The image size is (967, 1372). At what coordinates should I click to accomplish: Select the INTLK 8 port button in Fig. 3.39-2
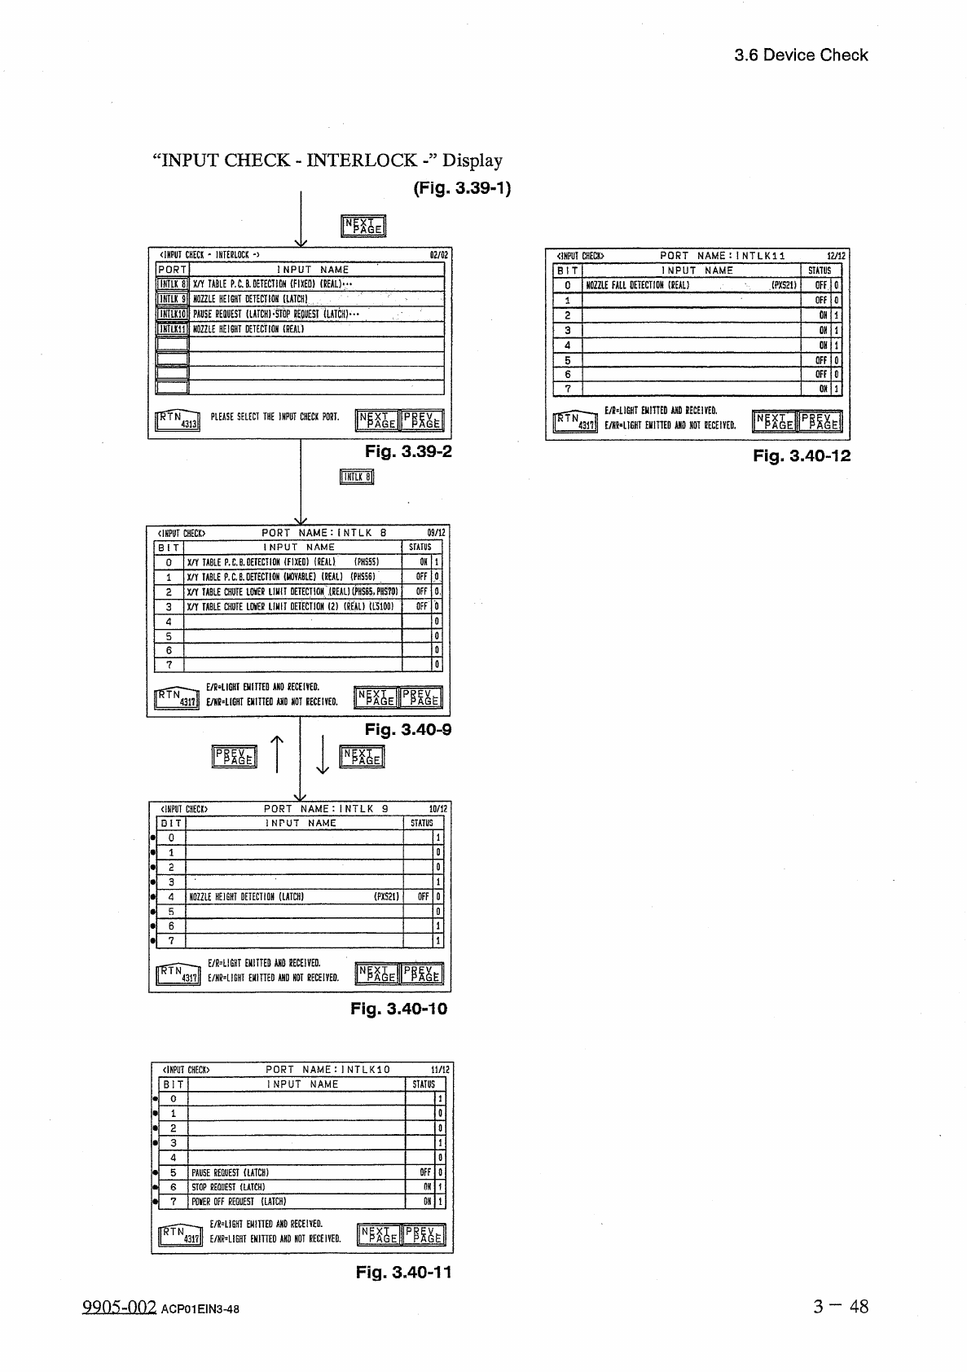[172, 284]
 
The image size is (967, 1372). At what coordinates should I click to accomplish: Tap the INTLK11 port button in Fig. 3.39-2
[172, 329]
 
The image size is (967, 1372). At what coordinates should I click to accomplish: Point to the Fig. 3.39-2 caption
[407, 451]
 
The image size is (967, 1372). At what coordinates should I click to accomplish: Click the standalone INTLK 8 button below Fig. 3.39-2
[356, 477]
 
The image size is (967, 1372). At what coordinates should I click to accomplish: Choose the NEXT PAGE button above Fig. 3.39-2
[363, 226]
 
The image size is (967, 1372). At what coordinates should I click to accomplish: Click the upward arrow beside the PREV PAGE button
[277, 754]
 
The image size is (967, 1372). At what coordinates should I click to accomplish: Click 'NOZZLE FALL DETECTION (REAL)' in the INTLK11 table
[638, 285]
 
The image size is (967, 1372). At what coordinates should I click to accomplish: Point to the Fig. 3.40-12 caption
[801, 456]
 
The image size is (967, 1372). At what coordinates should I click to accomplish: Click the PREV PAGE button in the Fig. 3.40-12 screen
[820, 421]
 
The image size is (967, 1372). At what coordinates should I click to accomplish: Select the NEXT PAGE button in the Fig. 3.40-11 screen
[379, 1235]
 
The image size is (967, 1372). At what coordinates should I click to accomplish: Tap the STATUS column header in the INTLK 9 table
[422, 823]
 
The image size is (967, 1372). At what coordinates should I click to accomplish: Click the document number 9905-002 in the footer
[119, 1308]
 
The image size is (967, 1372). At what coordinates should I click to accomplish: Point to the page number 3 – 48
[840, 1307]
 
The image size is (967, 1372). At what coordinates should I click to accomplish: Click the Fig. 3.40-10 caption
[398, 1009]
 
